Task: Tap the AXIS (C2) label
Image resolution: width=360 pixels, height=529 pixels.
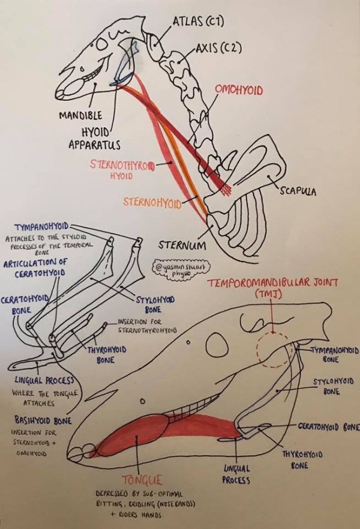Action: tap(218, 49)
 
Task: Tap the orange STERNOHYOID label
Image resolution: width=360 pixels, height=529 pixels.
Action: tap(152, 202)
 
